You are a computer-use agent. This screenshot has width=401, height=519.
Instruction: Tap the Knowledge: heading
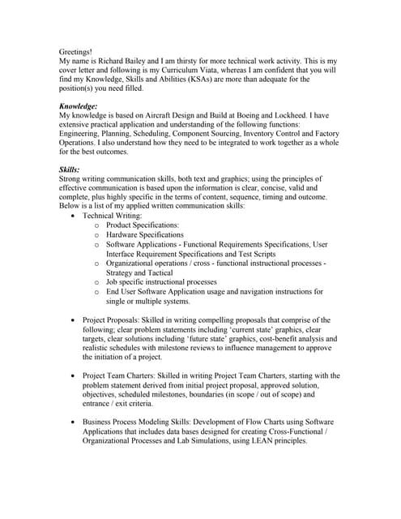(x=79, y=106)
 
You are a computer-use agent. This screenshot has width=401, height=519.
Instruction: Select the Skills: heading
(x=70, y=169)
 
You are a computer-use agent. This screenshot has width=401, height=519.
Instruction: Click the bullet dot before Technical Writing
(x=74, y=217)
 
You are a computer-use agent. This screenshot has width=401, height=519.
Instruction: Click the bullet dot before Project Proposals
(x=74, y=321)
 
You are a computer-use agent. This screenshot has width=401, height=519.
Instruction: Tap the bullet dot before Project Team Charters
(x=74, y=376)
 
